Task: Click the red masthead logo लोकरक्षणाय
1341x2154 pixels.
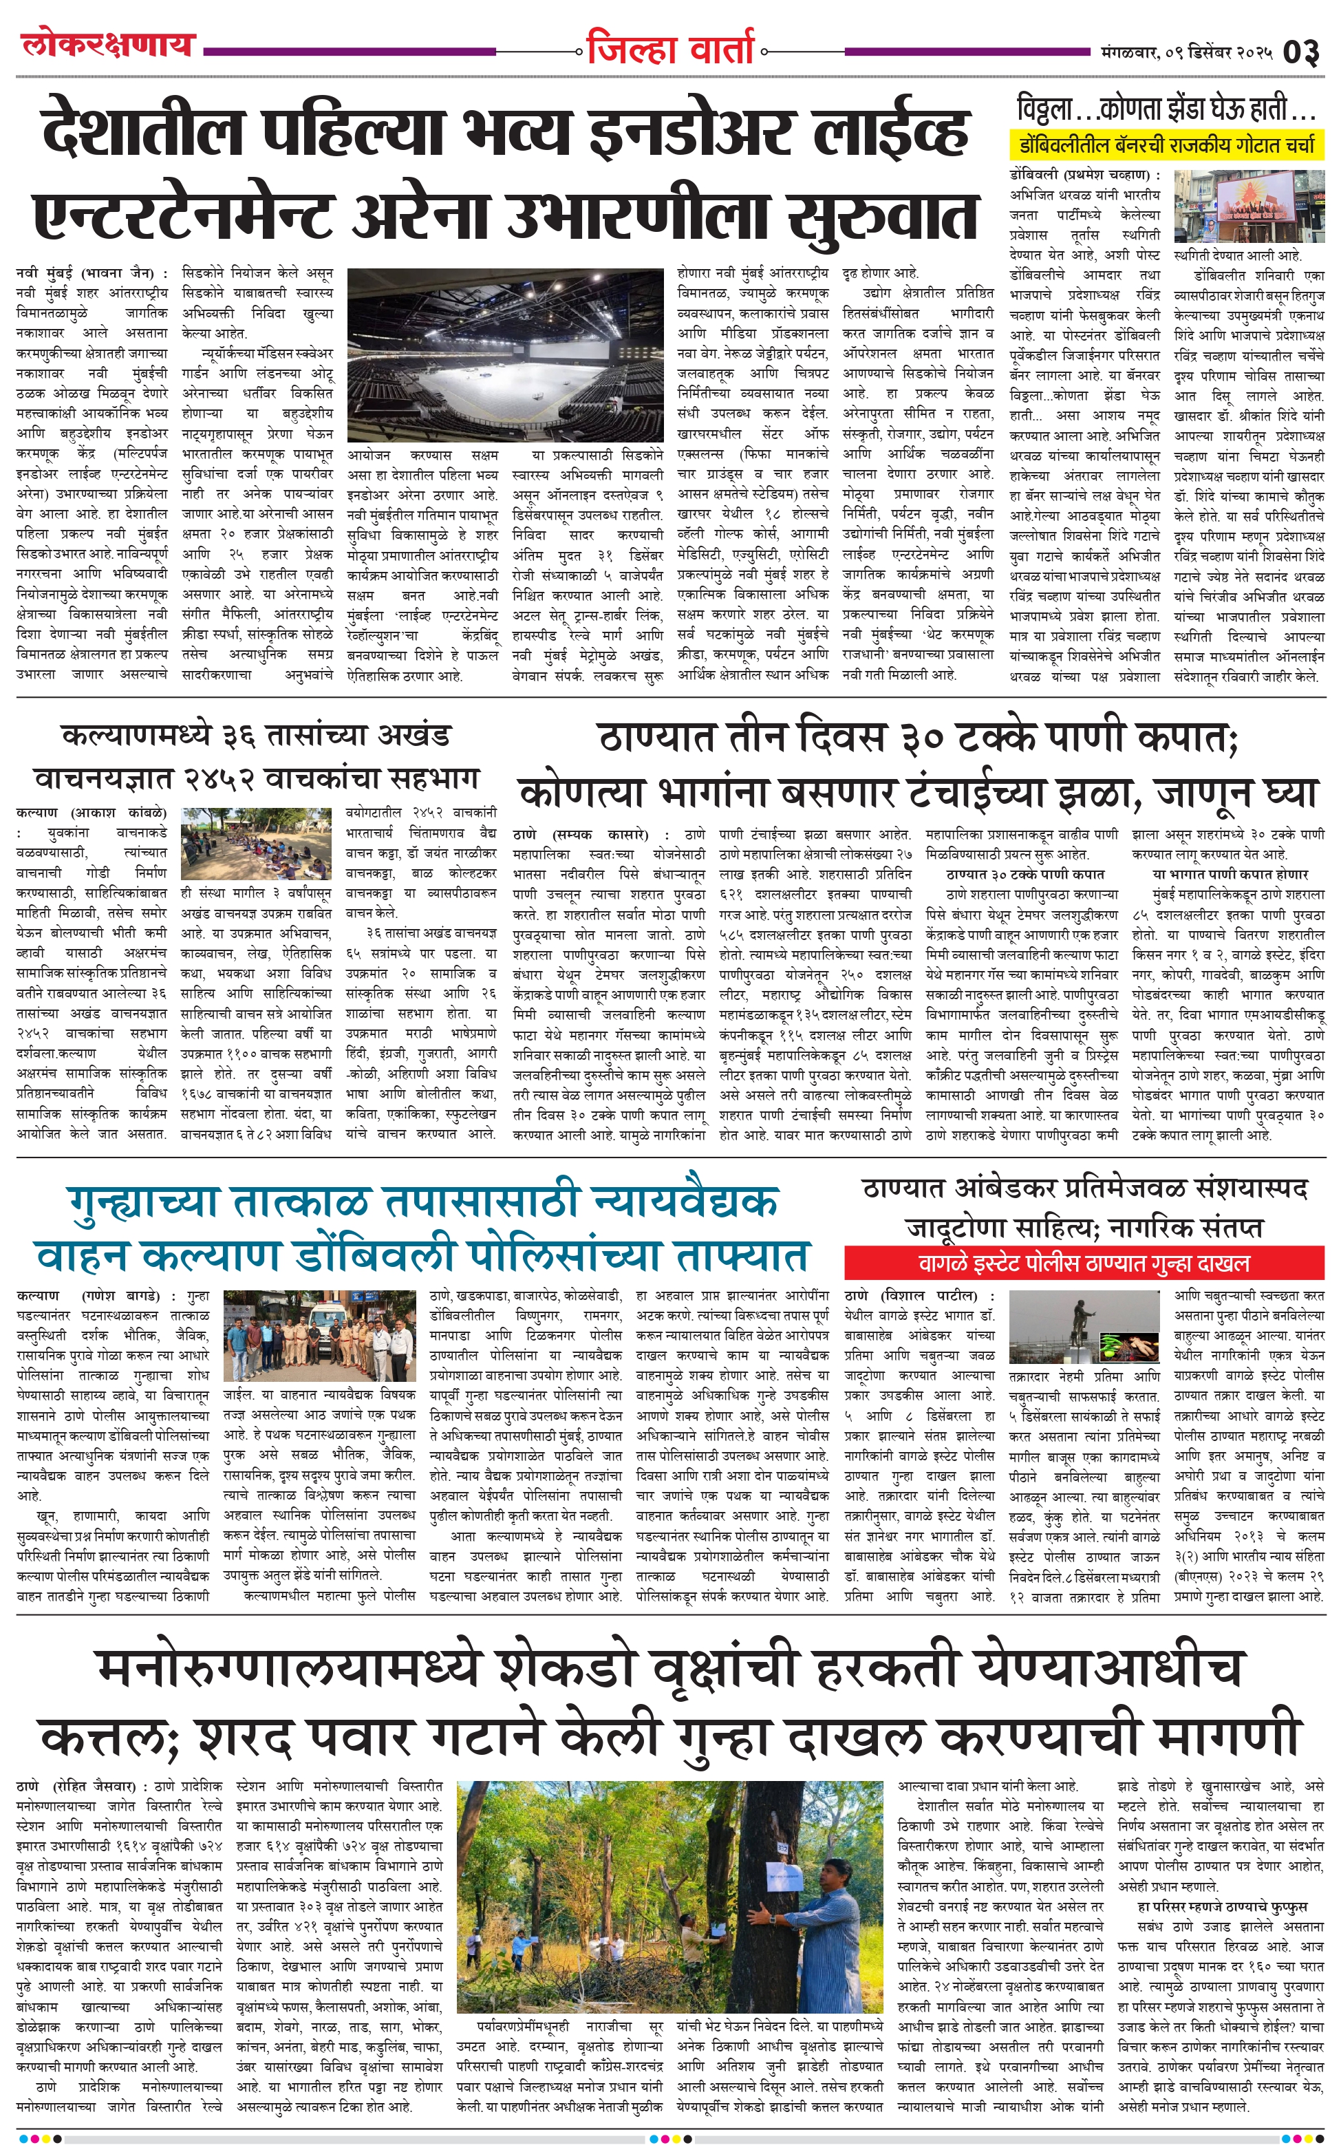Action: (107, 44)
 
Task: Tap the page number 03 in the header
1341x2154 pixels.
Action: (1300, 52)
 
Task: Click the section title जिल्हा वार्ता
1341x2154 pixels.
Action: (669, 49)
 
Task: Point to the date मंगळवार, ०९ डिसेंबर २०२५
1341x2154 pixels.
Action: (1188, 52)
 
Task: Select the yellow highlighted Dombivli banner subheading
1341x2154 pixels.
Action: (1166, 145)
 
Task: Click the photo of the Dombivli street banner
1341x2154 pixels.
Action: (1248, 206)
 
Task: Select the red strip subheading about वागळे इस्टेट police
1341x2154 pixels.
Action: (1084, 1263)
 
